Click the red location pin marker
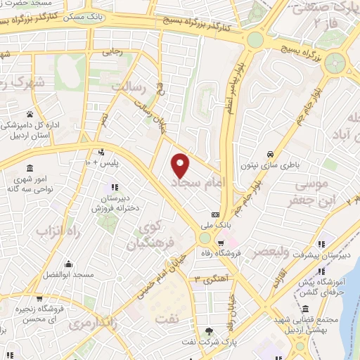click(181, 164)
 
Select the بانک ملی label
click(215, 226)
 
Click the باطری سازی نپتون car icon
click(271, 154)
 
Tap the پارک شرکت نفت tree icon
click(210, 330)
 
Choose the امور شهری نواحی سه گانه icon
click(30, 168)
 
